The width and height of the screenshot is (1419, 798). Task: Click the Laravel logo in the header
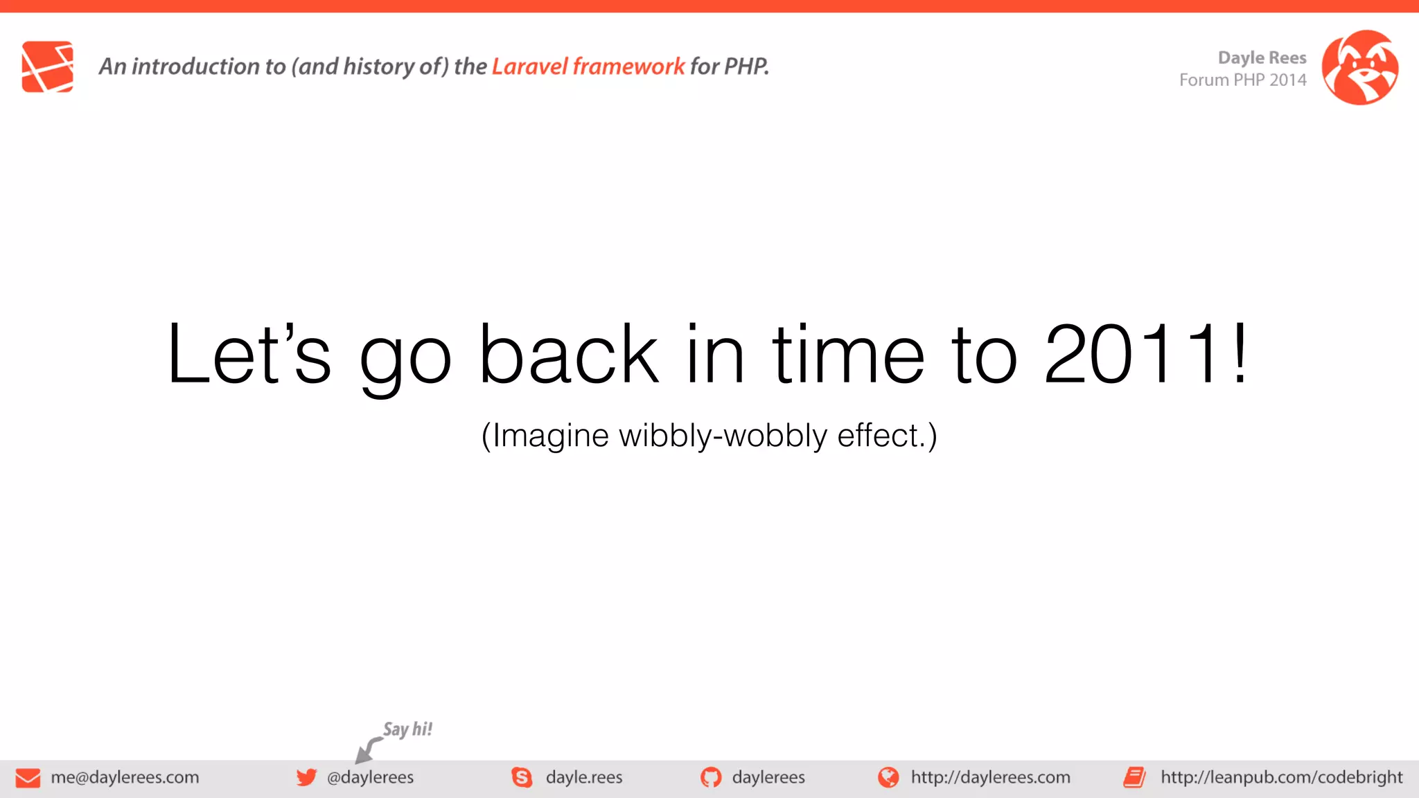(47, 66)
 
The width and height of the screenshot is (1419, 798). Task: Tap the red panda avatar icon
(1359, 67)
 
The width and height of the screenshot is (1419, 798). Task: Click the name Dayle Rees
(1262, 57)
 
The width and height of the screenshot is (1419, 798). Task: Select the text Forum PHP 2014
(1242, 80)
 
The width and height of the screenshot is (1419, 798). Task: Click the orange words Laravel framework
(588, 66)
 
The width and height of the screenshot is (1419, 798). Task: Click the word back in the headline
(568, 355)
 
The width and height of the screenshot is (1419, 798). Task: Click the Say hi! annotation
(407, 729)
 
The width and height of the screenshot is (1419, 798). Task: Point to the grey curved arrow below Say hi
(367, 750)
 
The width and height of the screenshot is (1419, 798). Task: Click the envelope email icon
(28, 778)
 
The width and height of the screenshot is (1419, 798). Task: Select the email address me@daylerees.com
(125, 777)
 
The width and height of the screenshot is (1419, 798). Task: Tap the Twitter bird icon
(306, 777)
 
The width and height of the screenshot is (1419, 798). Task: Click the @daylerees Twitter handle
(370, 777)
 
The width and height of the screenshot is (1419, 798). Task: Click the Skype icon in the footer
(522, 777)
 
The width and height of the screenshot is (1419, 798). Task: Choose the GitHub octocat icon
(711, 777)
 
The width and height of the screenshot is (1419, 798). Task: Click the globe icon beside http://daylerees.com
(888, 777)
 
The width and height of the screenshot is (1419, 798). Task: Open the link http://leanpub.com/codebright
(1281, 777)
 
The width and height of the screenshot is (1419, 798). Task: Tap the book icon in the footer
(1134, 777)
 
